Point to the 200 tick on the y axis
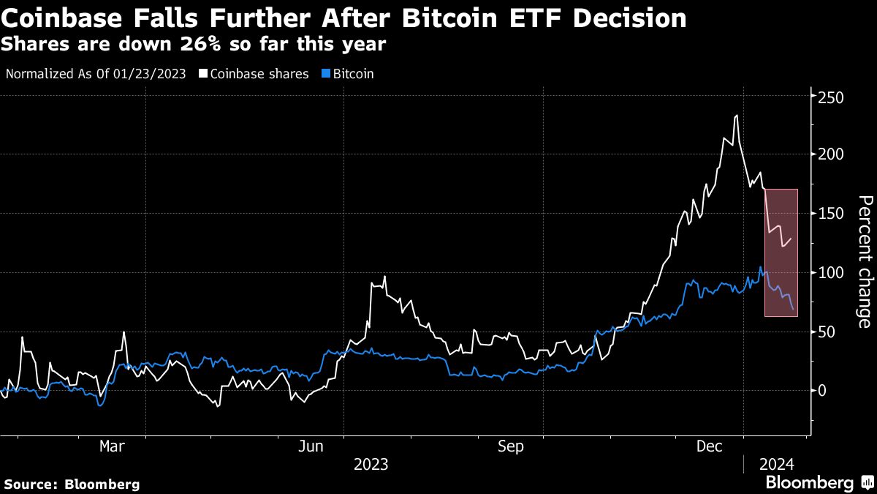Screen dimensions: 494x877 pyautogui.click(x=831, y=154)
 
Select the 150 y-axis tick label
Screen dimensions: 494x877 pyautogui.click(x=831, y=214)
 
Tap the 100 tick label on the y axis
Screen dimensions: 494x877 pyautogui.click(x=831, y=273)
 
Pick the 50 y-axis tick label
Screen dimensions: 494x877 pyautogui.click(x=827, y=332)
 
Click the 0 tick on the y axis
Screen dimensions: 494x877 pyautogui.click(x=822, y=391)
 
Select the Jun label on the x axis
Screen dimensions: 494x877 pyautogui.click(x=312, y=446)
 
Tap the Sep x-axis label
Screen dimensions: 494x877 pyautogui.click(x=510, y=446)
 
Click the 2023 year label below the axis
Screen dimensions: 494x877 pyautogui.click(x=371, y=465)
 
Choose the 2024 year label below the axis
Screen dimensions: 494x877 pyautogui.click(x=777, y=465)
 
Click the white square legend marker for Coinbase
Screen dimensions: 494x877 pyautogui.click(x=202, y=74)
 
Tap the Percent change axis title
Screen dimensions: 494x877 pyautogui.click(x=864, y=261)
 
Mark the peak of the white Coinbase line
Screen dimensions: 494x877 pyautogui.click(x=736, y=116)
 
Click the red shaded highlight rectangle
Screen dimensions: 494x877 pyautogui.click(x=781, y=252)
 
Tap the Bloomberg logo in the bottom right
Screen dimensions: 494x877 pyautogui.click(x=816, y=483)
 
